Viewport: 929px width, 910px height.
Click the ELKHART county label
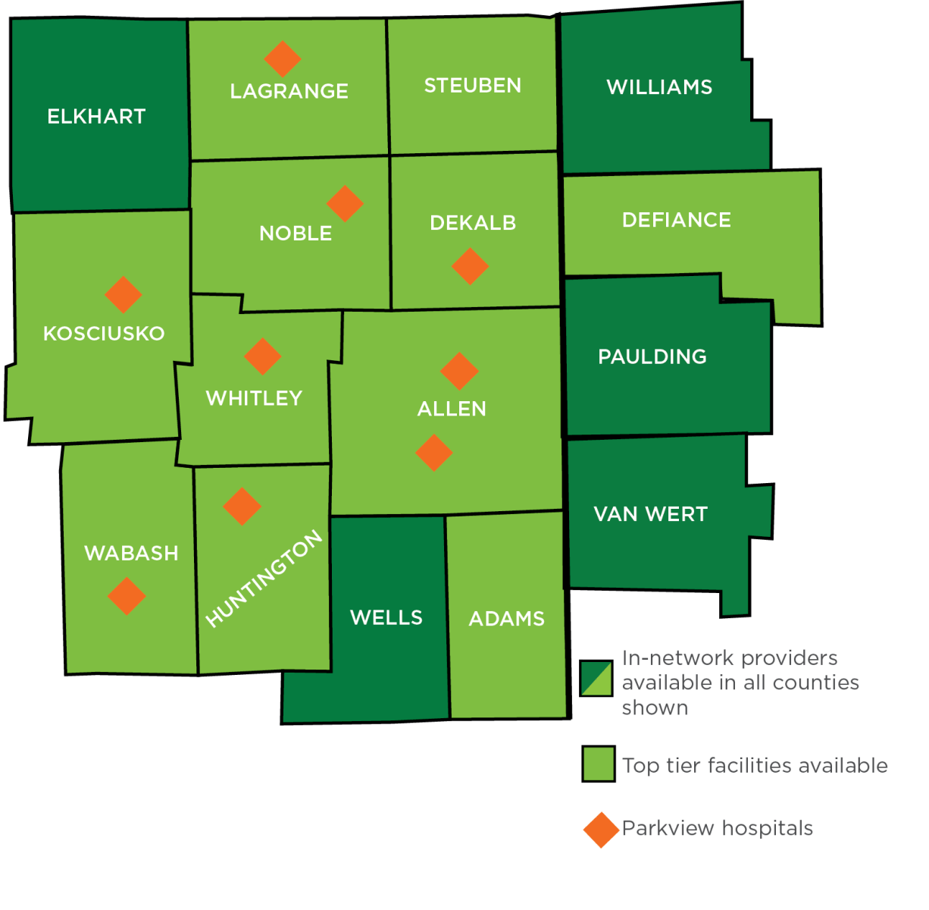(x=96, y=117)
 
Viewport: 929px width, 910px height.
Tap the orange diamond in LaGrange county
(x=283, y=58)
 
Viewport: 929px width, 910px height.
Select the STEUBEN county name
(x=473, y=86)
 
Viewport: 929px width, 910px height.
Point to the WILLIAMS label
(x=659, y=88)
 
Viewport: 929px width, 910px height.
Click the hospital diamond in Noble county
(x=346, y=204)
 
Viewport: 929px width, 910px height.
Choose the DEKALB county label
(x=473, y=223)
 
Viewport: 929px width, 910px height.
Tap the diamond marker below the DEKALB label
(x=470, y=266)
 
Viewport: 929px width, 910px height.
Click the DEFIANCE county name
(x=677, y=221)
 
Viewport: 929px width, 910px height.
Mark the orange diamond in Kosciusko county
(x=124, y=294)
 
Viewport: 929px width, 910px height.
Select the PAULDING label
(x=652, y=357)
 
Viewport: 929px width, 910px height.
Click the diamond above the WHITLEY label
(x=263, y=356)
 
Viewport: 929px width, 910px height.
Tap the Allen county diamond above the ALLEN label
(x=459, y=371)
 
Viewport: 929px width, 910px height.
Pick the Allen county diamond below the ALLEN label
(x=434, y=453)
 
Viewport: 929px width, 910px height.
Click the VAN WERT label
(x=650, y=514)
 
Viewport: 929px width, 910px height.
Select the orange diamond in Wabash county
(x=127, y=596)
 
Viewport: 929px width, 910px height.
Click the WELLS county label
(x=386, y=618)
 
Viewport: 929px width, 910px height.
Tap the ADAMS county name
(x=507, y=620)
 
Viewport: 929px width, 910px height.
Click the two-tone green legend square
(x=597, y=678)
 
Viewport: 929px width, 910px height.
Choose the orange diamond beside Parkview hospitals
(x=602, y=830)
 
